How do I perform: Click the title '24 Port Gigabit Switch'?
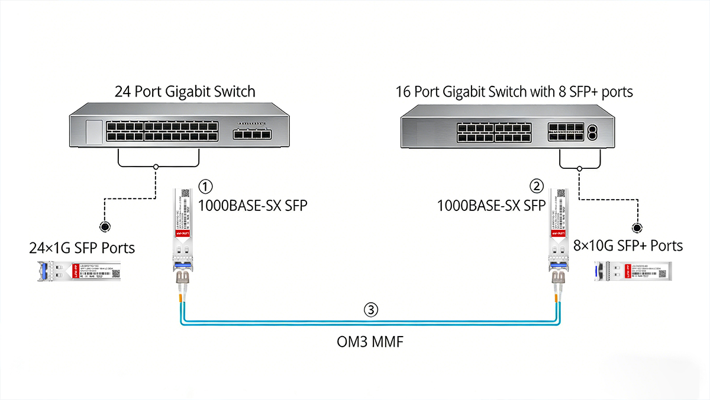185,91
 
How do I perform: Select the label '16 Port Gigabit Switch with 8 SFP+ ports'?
514,91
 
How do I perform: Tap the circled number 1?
205,187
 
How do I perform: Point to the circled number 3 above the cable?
370,309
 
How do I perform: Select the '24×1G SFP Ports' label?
82,248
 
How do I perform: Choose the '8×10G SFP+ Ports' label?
628,245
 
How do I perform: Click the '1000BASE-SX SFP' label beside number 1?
252,206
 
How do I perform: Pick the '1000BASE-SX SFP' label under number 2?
491,206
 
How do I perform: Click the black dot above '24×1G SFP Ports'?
105,227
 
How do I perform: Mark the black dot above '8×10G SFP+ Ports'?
637,227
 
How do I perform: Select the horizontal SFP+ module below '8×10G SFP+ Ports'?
631,271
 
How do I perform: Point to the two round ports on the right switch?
593,132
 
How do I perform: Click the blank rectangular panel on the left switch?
93,132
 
